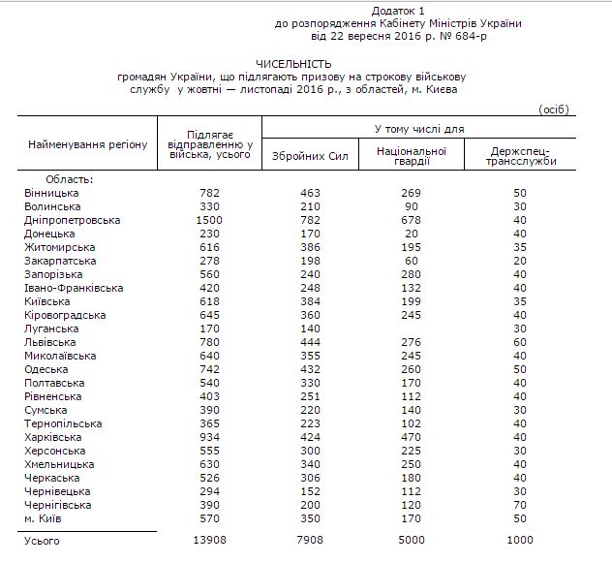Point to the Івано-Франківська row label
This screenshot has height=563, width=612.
coord(74,288)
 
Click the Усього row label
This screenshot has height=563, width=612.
coord(42,540)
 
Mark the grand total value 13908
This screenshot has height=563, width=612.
coord(210,540)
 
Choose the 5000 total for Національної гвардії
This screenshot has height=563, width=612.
coord(412,540)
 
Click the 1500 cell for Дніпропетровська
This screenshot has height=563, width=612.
coord(210,220)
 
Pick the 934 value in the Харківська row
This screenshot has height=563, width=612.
coord(210,437)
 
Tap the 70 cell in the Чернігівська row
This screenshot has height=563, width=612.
coord(520,505)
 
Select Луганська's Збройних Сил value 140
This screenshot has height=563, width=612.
coord(309,328)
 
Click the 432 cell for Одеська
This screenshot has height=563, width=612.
coord(309,369)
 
